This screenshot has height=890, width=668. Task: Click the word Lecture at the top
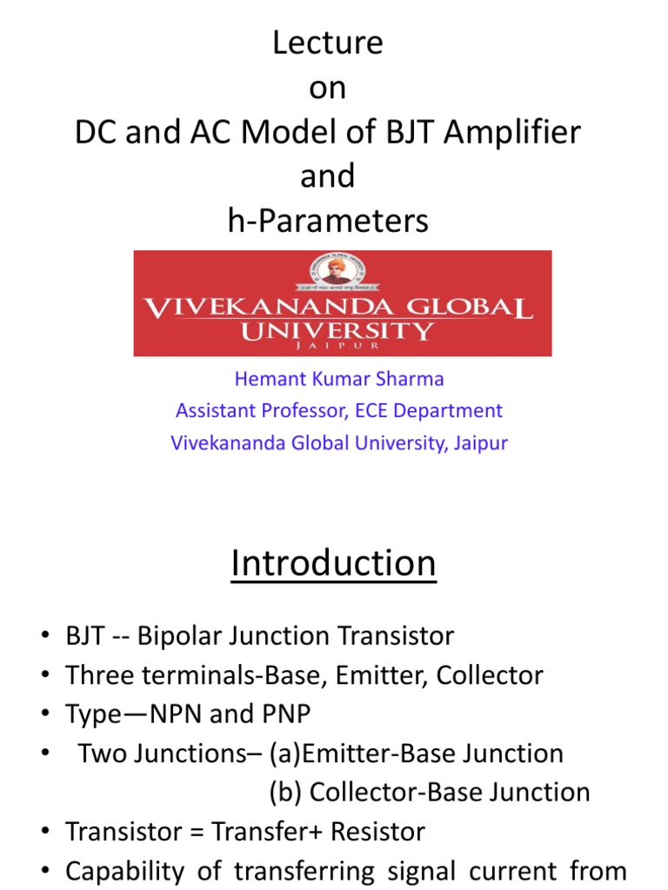coord(327,43)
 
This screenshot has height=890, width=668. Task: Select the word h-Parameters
coord(327,222)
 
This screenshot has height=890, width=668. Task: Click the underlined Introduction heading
coord(333,564)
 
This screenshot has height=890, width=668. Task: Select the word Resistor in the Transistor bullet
coord(373,832)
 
